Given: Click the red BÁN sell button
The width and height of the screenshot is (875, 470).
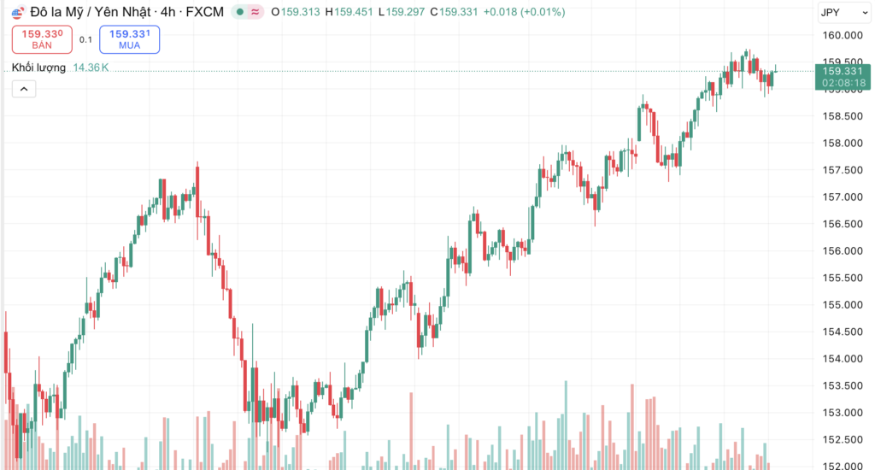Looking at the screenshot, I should click(43, 38).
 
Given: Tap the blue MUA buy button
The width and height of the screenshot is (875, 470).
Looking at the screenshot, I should click(130, 38).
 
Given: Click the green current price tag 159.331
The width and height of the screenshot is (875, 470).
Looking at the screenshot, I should click(843, 72).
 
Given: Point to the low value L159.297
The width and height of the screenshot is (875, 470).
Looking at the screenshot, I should click(402, 12).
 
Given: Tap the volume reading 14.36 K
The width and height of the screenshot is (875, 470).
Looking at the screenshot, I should click(91, 68).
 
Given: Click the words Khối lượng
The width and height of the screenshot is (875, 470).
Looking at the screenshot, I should click(39, 68).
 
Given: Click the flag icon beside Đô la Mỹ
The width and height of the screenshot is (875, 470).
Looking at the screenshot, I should click(17, 12).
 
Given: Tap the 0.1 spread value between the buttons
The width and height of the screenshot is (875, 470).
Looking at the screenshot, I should click(85, 39).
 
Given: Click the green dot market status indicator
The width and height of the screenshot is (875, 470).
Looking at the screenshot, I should click(241, 12).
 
